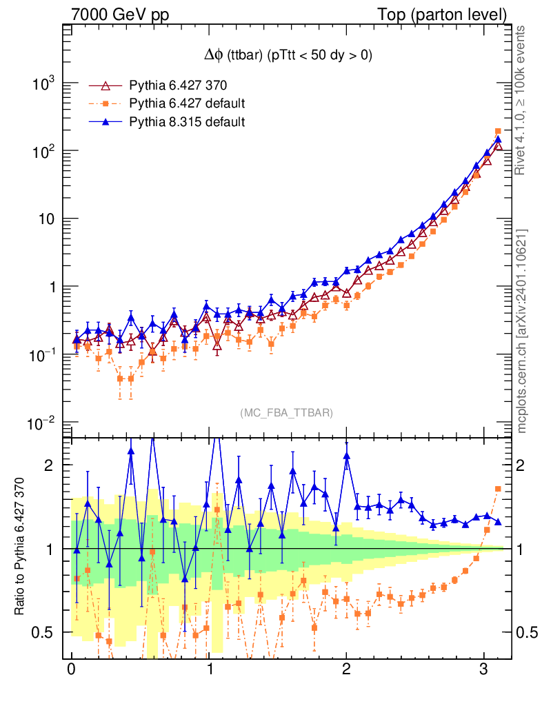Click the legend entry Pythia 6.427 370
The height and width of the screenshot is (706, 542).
pyautogui.click(x=178, y=85)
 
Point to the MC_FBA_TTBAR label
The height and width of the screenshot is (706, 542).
pyautogui.click(x=287, y=412)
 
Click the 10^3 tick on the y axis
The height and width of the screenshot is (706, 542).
pyautogui.click(x=43, y=84)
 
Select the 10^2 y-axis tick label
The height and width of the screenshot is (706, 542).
pyautogui.click(x=43, y=152)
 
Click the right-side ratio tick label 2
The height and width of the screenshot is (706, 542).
pyautogui.click(x=523, y=465)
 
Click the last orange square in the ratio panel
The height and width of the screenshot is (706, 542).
pyautogui.click(x=498, y=489)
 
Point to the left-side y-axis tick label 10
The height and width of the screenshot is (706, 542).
pyautogui.click(x=46, y=219)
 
